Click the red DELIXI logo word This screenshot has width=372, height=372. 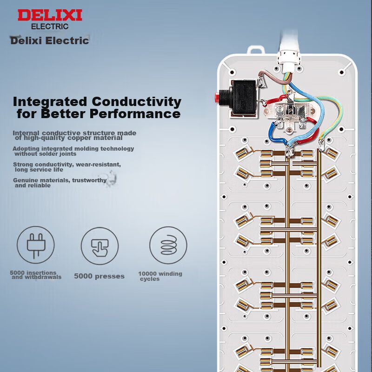pyautogui.click(x=50, y=15)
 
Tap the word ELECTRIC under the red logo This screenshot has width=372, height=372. pyautogui.click(x=50, y=27)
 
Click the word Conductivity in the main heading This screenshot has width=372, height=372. pyautogui.click(x=137, y=102)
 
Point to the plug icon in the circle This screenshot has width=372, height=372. pyautogui.click(x=36, y=246)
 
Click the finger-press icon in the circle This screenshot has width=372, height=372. pyautogui.click(x=100, y=247)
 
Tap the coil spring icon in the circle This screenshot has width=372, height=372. pyautogui.click(x=168, y=245)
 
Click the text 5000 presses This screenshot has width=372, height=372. pyautogui.click(x=99, y=276)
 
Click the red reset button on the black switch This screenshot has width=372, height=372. pyautogui.click(x=217, y=97)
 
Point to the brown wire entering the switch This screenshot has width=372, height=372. pyautogui.click(x=274, y=76)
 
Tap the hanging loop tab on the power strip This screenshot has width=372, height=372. pyautogui.click(x=256, y=50)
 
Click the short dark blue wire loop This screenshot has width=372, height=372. pyautogui.click(x=276, y=133)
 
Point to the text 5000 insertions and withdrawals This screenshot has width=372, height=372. pyautogui.click(x=36, y=275)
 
